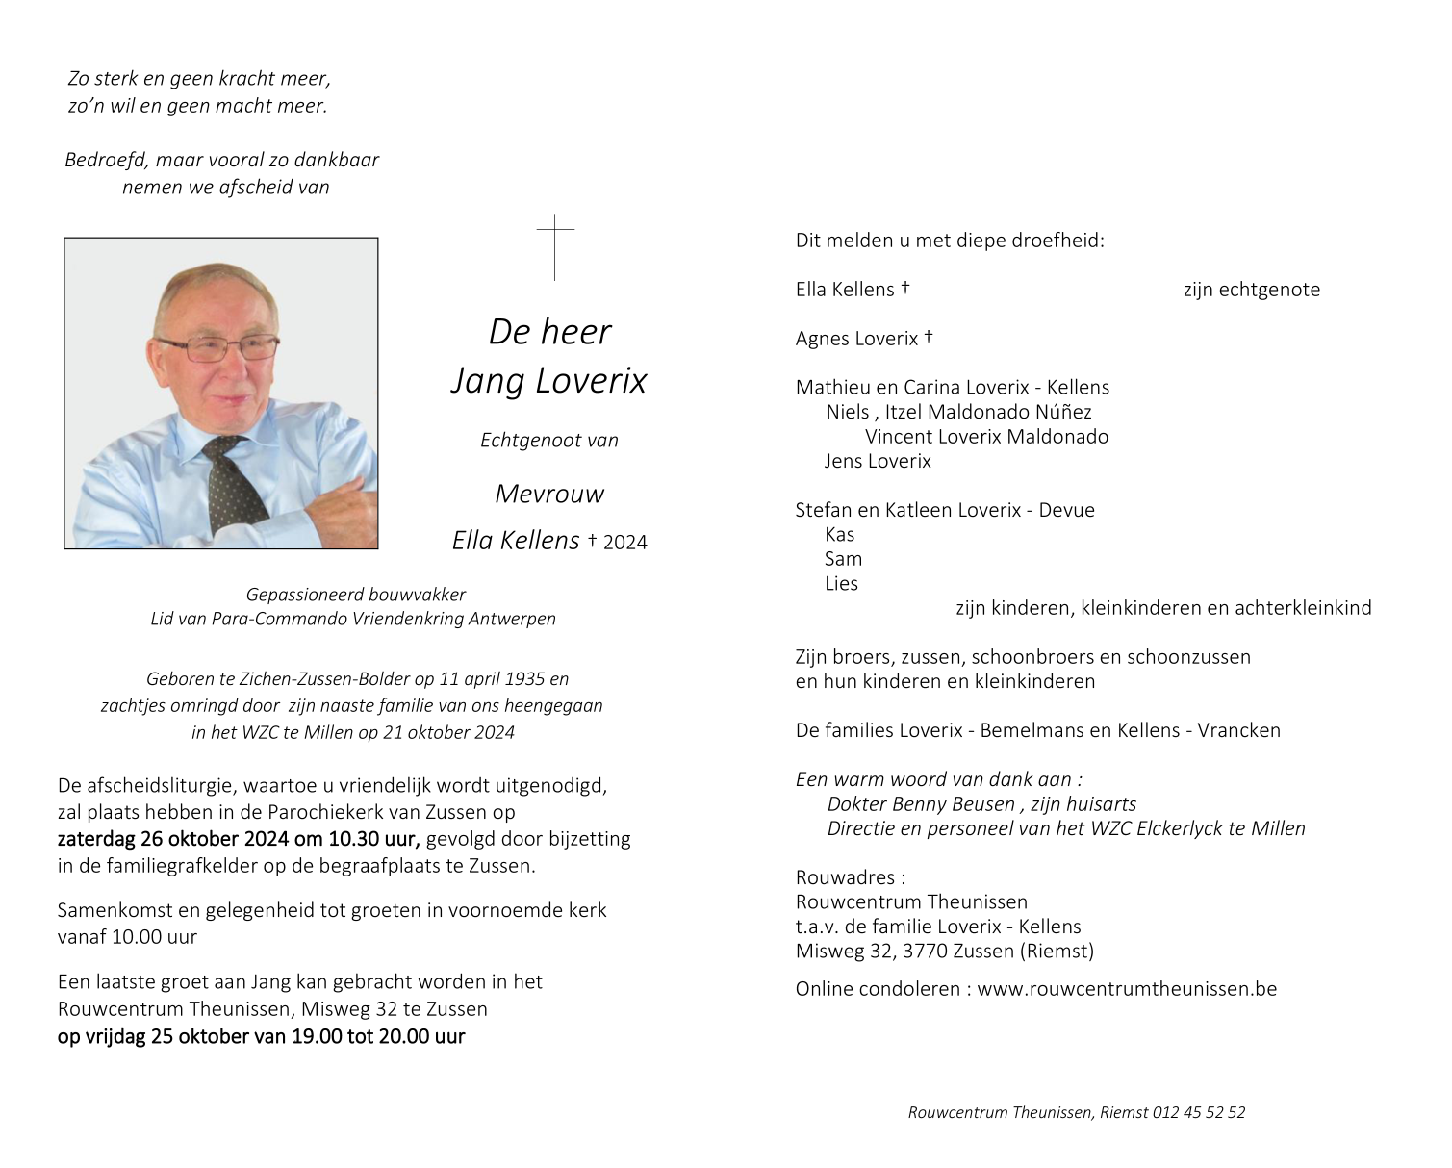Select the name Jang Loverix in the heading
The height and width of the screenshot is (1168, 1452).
tap(549, 381)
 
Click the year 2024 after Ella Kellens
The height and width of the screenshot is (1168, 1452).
tap(625, 543)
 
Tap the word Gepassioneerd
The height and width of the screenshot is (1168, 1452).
tap(301, 595)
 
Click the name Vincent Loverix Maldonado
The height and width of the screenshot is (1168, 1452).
tap(986, 437)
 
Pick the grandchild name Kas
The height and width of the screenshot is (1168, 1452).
tap(839, 535)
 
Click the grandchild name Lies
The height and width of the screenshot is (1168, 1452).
tap(841, 584)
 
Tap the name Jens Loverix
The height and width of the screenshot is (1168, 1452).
tap(878, 461)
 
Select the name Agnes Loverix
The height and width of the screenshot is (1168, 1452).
tap(856, 339)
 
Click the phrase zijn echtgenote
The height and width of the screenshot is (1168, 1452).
tap(1251, 290)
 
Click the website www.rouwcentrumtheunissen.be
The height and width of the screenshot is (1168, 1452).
tap(1127, 989)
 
